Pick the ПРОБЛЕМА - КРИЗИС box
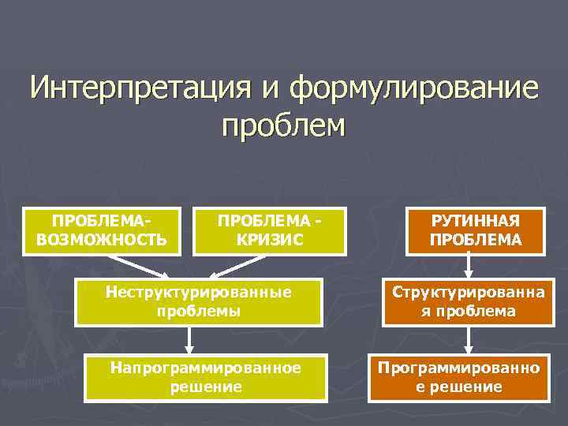point(271,230)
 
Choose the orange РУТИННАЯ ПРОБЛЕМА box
point(476,230)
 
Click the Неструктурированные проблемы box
point(198,301)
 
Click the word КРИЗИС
point(271,239)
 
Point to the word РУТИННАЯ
point(476,222)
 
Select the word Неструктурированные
point(198,292)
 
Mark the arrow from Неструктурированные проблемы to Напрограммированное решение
point(189,339)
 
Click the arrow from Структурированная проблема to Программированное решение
point(469,339)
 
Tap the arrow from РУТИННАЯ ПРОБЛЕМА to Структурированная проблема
point(469,267)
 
